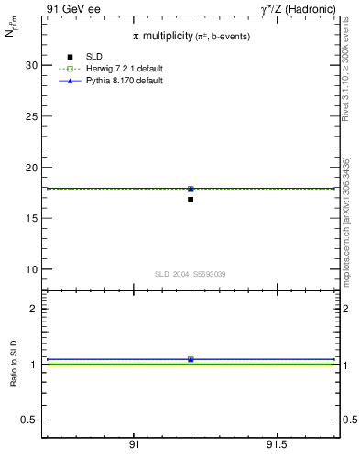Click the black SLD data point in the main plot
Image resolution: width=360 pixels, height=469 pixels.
191,199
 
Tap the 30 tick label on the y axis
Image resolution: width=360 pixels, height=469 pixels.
31,66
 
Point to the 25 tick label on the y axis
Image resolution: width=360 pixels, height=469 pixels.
31,116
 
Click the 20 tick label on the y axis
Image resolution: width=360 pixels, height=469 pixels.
31,168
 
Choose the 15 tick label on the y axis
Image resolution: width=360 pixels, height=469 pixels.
31,218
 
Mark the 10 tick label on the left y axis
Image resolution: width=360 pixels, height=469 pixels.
31,269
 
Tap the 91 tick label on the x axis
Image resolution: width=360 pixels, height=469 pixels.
134,444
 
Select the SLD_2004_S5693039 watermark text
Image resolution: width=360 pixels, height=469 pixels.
191,274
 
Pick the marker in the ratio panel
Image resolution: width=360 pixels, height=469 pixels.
191,359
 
